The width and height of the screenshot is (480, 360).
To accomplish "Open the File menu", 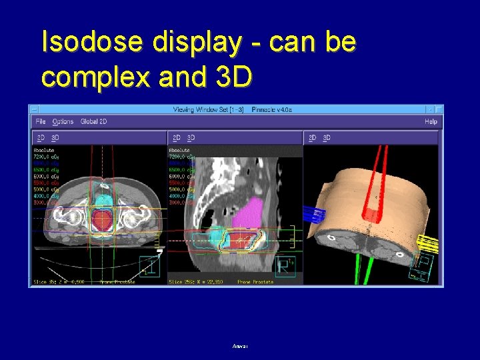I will pos(41,121).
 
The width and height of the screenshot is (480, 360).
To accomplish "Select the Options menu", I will pos(63,121).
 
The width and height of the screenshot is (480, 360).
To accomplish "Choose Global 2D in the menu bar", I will pos(94,121).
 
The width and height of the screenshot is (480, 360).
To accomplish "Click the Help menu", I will pos(431,121).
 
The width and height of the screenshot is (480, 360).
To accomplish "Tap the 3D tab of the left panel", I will pos(55,138).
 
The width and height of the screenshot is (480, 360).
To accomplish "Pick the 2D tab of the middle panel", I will pos(176,138).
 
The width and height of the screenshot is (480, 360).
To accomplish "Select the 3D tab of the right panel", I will pos(327,138).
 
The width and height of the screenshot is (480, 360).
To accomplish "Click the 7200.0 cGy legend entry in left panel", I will pos(46,156).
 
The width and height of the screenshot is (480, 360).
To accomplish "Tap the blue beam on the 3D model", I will pos(313,215).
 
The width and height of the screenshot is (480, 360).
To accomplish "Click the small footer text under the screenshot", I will pos(240,346).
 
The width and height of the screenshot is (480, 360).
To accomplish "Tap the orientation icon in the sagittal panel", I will pos(285,266).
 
